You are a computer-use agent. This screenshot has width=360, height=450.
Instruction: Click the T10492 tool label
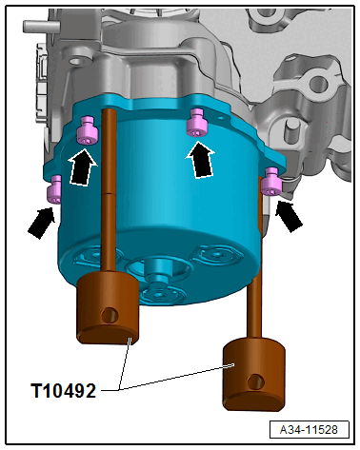tap(63, 390)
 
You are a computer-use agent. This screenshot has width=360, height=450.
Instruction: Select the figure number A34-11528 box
tap(309, 430)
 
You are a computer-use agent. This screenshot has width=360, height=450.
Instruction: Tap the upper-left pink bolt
tap(88, 130)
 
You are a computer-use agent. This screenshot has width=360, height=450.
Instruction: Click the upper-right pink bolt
tap(197, 123)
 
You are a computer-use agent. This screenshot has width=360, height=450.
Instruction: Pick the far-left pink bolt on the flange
tap(54, 189)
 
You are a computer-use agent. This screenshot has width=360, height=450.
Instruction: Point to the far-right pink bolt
tap(271, 182)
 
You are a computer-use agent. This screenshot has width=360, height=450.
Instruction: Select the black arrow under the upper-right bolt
tap(200, 159)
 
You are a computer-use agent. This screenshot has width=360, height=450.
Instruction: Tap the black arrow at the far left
tap(42, 222)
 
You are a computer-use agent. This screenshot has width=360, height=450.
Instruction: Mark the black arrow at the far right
tap(289, 216)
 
